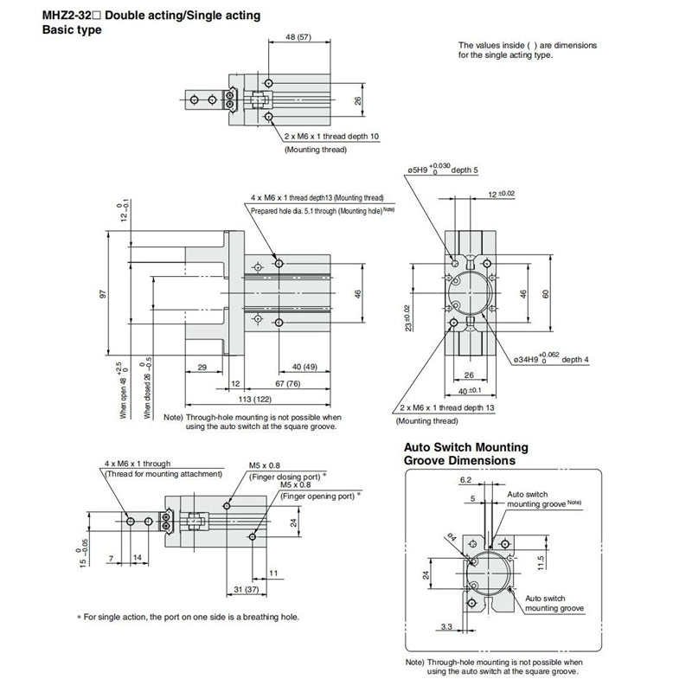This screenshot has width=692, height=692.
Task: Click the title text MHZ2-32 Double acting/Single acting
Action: point(151,16)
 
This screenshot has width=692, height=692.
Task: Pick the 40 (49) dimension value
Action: point(304,366)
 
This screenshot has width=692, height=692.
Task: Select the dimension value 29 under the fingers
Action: point(201,367)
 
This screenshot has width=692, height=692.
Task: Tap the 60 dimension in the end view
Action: point(546,293)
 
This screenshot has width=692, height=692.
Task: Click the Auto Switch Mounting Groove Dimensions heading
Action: point(467,453)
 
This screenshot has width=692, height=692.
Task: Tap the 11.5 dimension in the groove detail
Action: point(541,563)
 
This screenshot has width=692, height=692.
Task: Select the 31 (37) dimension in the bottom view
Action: point(247,590)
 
